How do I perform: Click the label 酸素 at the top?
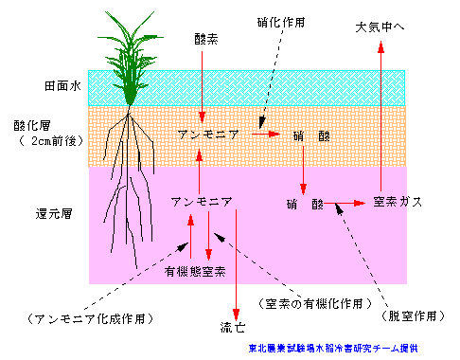(205, 41)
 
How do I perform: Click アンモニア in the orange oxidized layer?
(209, 135)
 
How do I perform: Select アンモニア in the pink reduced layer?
(202, 203)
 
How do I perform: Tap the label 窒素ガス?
(397, 202)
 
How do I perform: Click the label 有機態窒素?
(196, 272)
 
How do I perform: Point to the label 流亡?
(232, 328)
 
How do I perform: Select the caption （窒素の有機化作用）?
(310, 303)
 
